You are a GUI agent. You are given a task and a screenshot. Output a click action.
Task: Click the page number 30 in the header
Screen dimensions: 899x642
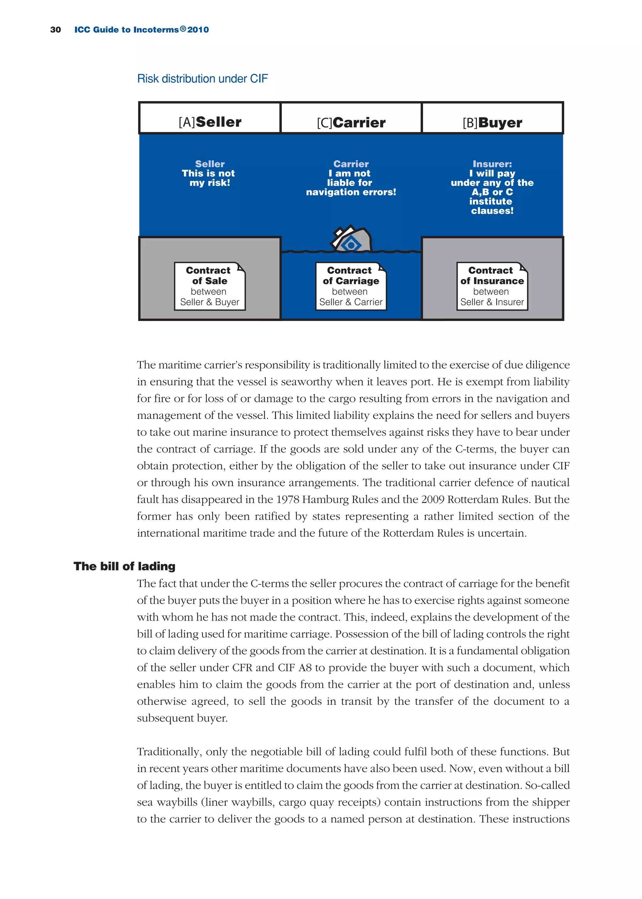pyautogui.click(x=56, y=30)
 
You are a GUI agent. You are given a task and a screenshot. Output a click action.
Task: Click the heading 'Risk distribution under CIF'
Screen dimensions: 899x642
pyautogui.click(x=203, y=79)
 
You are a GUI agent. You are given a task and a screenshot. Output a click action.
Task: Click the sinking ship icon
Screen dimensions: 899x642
pyautogui.click(x=351, y=240)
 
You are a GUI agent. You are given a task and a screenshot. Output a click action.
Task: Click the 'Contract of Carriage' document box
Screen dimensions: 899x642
pyautogui.click(x=351, y=286)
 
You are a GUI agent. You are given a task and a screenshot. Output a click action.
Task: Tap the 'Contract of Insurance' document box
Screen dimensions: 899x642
pyautogui.click(x=492, y=286)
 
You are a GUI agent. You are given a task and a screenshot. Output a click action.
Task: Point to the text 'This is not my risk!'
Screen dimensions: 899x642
pyautogui.click(x=209, y=178)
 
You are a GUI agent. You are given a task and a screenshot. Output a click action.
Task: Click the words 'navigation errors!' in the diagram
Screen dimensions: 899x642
pyautogui.click(x=351, y=192)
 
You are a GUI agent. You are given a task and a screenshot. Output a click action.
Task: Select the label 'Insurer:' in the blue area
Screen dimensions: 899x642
pyautogui.click(x=492, y=164)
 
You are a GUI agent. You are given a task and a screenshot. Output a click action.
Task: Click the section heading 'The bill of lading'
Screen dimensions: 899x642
pyautogui.click(x=124, y=566)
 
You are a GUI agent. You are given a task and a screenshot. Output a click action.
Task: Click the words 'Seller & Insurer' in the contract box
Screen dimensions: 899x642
pyautogui.click(x=492, y=302)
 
